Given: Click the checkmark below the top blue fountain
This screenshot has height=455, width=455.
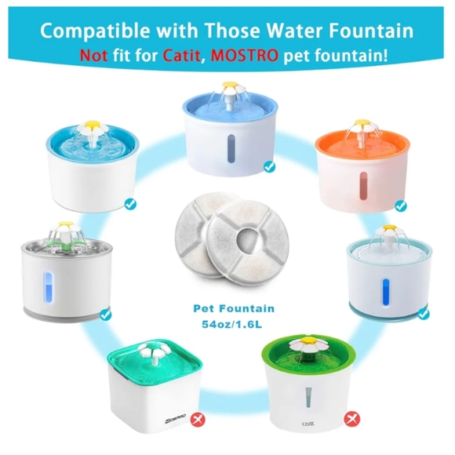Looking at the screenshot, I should (x=270, y=166).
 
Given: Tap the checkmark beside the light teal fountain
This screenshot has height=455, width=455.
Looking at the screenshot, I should (x=424, y=312).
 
